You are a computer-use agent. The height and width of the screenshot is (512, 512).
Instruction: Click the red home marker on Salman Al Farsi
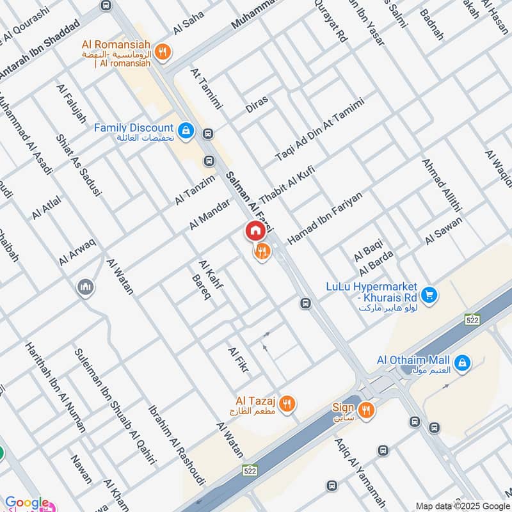[255, 230]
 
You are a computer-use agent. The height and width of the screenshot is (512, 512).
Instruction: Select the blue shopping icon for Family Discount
[186, 131]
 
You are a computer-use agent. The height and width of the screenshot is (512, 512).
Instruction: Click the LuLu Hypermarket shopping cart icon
[429, 294]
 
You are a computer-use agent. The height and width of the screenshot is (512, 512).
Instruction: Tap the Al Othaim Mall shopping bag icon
[462, 364]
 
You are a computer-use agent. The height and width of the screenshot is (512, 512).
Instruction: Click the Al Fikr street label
[238, 360]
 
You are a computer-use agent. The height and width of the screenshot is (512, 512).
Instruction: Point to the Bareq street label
[201, 287]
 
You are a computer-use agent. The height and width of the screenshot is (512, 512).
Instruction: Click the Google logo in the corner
[27, 503]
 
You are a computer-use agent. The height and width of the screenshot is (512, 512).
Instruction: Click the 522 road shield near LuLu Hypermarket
[472, 319]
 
